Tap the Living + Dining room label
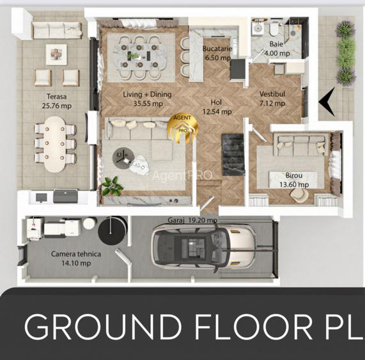click(x=143, y=98)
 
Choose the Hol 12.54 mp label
click(x=217, y=107)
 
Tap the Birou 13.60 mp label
click(x=294, y=180)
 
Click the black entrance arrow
click(x=327, y=101)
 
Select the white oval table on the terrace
click(x=55, y=142)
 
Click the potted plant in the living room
click(x=113, y=185)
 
